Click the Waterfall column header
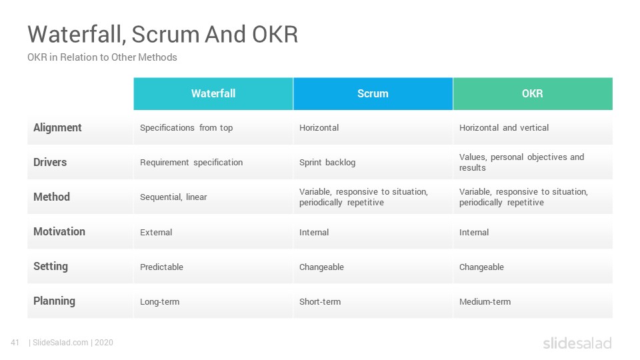(213, 94)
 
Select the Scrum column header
(373, 94)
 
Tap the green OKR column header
(533, 94)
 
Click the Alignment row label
(57, 128)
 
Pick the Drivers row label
(50, 162)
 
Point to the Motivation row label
(59, 231)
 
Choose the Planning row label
(54, 301)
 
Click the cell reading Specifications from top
(186, 128)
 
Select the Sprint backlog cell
(327, 163)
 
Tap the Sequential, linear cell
(173, 197)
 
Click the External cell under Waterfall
(156, 232)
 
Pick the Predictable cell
(161, 267)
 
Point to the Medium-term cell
(485, 301)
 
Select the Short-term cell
(320, 301)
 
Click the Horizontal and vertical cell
(504, 128)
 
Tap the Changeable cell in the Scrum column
(321, 267)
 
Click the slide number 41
(15, 343)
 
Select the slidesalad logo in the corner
(577, 343)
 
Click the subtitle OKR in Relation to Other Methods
(102, 57)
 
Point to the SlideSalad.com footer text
(61, 343)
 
